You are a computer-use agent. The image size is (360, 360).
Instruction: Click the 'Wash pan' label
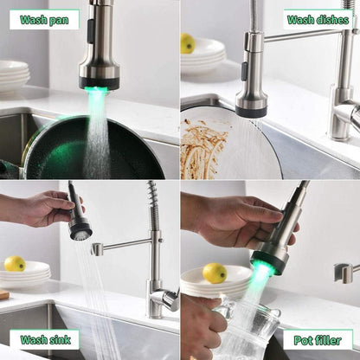click(44, 20)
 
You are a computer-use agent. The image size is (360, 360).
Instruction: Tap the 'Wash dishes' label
click(318, 20)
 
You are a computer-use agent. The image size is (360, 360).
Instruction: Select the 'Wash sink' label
click(45, 339)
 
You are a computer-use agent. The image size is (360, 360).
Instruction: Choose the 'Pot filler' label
click(318, 340)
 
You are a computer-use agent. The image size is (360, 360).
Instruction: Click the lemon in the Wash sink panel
click(15, 263)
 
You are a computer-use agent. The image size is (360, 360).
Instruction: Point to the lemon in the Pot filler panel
click(215, 273)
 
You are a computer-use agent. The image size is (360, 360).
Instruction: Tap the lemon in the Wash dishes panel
click(188, 43)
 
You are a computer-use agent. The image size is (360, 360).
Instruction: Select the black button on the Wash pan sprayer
click(91, 32)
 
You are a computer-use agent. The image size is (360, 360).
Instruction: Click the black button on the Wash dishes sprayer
click(244, 72)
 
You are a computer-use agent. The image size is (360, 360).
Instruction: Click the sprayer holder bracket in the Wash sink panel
click(97, 249)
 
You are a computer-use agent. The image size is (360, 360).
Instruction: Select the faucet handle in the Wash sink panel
click(168, 299)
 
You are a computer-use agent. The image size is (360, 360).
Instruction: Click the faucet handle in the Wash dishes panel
click(350, 114)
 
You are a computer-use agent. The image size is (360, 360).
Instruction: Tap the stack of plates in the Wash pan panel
click(14, 76)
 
